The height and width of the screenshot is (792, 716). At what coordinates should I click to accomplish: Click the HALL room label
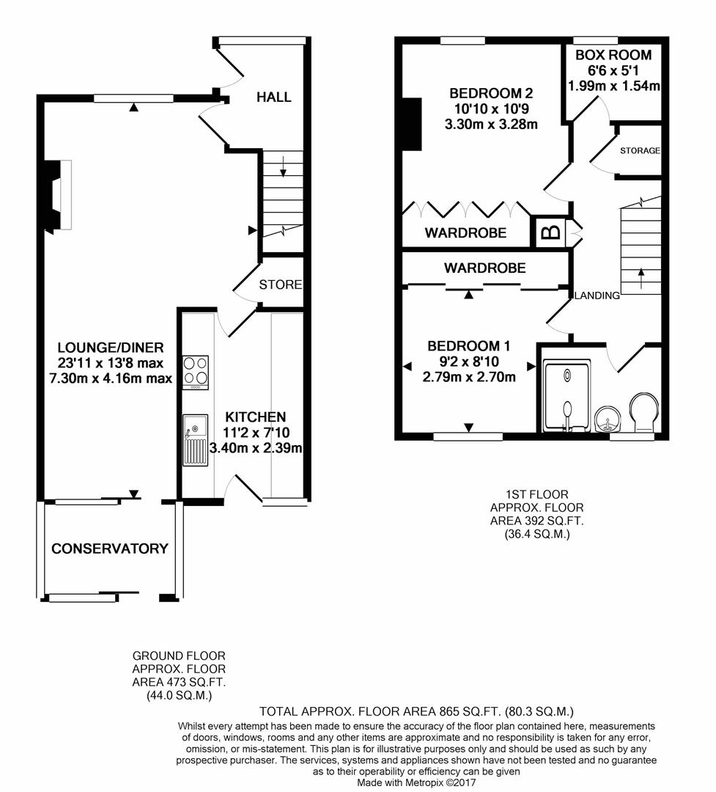273,97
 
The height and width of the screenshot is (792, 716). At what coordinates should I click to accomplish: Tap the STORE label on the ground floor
280,285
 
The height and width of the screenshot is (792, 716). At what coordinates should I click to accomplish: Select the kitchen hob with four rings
196,373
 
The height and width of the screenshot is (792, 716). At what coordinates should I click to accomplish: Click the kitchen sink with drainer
196,440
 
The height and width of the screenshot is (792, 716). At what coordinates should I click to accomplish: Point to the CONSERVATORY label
110,549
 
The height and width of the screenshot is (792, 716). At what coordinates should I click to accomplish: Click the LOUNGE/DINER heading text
111,348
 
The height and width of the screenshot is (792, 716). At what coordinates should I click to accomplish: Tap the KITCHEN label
256,417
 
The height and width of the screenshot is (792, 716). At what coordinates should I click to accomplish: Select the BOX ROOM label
613,55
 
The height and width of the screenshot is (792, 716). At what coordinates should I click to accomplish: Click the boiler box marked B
550,232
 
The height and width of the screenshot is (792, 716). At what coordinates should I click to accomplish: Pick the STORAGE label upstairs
640,150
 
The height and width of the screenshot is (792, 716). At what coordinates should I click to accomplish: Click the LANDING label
597,296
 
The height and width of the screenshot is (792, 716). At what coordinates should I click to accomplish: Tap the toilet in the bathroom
643,411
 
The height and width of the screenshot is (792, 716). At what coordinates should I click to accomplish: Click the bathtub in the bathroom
566,395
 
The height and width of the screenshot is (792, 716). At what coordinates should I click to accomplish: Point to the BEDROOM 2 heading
491,93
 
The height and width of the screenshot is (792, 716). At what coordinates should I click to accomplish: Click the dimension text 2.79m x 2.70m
469,377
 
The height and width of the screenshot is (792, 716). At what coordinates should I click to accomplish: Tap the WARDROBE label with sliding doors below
484,268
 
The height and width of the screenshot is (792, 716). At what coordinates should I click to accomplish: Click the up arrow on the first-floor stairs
641,278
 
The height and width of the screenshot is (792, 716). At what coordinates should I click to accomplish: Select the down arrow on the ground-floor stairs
284,166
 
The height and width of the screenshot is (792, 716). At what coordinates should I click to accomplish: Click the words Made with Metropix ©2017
416,783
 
